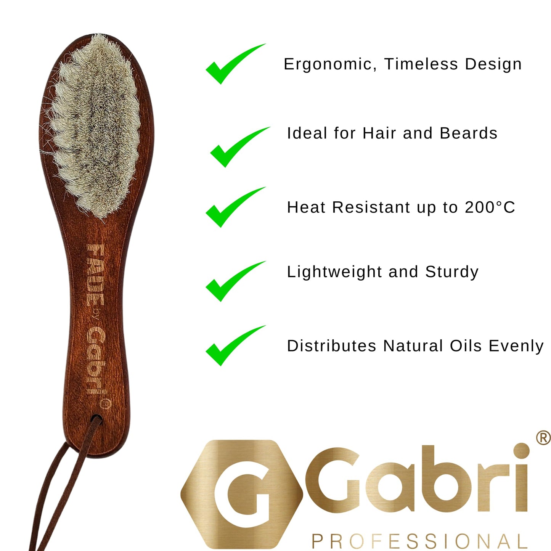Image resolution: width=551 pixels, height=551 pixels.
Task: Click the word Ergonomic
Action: click(328, 64)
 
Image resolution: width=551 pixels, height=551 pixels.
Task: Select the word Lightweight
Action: click(334, 272)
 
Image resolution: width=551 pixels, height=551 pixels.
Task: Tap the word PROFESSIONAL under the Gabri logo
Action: click(419, 541)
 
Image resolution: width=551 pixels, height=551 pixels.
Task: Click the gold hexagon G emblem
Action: click(242, 494)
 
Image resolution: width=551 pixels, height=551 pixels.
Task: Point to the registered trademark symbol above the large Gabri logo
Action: click(543, 438)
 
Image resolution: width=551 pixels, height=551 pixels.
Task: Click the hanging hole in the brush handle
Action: click(96, 419)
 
